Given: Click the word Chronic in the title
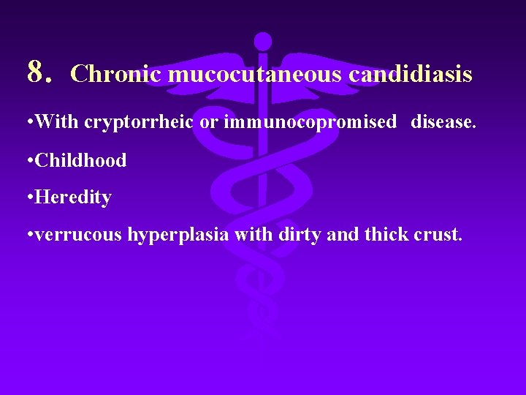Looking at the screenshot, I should (117, 74).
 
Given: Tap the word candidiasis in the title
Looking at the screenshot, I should (411, 74).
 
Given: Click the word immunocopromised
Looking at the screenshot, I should (310, 121).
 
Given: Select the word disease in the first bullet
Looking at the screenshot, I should (442, 121).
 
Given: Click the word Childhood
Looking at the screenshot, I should (80, 160).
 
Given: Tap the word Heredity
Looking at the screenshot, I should (73, 197).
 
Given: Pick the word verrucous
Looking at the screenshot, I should (79, 236).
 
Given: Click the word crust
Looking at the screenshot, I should (439, 236).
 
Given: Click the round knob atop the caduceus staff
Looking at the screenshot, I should (262, 42).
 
